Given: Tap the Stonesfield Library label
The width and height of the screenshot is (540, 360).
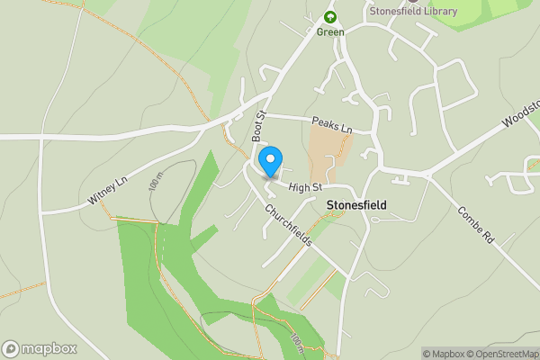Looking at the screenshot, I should tap(412, 11).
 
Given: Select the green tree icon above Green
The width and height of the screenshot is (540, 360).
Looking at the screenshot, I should tap(330, 17).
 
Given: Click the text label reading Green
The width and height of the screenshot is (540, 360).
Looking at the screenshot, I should tap(330, 32).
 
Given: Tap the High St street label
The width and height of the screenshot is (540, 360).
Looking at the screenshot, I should tap(306, 186).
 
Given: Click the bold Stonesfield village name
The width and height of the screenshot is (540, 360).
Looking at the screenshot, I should tap(355, 205).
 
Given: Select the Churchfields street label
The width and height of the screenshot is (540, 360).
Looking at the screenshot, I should tap(288, 224).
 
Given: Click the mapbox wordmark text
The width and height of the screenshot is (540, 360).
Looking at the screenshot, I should tap(49, 348).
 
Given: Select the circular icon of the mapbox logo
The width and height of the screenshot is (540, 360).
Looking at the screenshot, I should tap(11, 348).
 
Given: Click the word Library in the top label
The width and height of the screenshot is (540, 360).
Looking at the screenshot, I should tap(440, 11).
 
